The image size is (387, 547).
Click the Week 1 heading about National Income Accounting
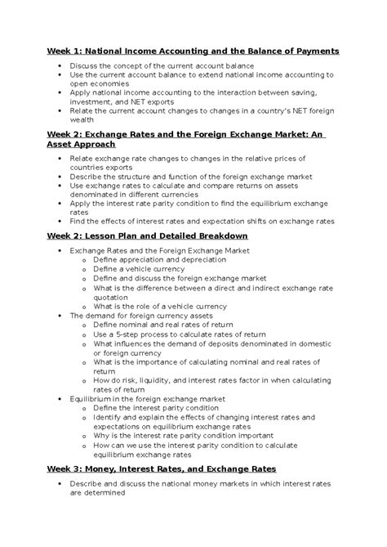[x=192, y=51]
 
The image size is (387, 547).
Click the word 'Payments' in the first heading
[x=311, y=51]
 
